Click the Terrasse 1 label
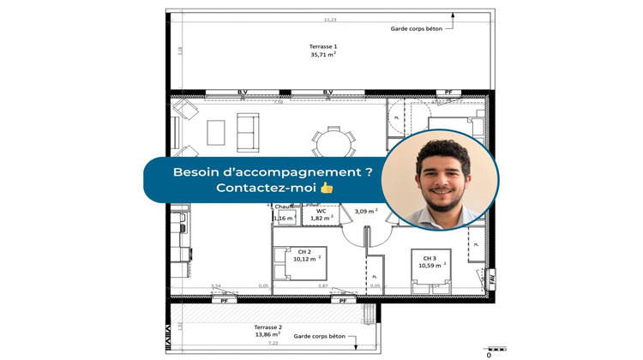click(323, 45)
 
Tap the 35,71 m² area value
click(323, 54)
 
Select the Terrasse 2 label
click(269, 327)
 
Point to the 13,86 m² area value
click(269, 335)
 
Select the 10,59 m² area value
click(430, 266)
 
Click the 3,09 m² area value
click(367, 211)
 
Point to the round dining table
click(329, 141)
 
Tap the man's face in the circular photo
click(439, 176)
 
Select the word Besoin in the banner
click(197, 171)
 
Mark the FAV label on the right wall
click(491, 278)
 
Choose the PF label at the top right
click(447, 92)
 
